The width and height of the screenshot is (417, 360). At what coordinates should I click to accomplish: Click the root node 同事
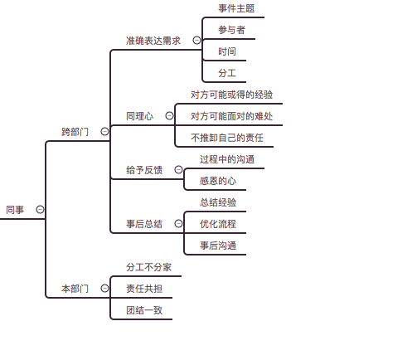(x=15, y=210)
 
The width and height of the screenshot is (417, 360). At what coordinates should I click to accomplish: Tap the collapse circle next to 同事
(x=40, y=210)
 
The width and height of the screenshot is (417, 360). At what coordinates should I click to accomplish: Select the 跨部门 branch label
(x=75, y=132)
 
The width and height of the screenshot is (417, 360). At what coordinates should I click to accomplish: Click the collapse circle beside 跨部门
(x=104, y=131)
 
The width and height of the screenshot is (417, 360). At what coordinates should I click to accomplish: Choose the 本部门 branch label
(x=75, y=289)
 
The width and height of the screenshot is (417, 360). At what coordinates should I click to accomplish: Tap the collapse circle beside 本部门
(x=104, y=289)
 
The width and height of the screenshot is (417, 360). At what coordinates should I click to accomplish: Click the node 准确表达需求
(x=153, y=41)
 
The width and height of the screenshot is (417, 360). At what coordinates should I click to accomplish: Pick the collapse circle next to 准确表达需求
(x=196, y=41)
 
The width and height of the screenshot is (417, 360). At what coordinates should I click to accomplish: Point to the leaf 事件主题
(x=236, y=8)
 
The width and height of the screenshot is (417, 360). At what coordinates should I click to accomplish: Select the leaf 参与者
(x=231, y=30)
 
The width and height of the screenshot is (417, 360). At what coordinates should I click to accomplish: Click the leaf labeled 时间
(x=227, y=51)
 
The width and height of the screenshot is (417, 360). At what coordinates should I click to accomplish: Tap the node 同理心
(x=139, y=116)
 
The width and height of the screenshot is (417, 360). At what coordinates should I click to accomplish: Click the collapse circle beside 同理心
(x=169, y=115)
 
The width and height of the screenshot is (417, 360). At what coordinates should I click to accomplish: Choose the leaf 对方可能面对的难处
(x=232, y=116)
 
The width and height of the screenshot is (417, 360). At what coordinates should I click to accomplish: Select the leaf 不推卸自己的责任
(x=227, y=138)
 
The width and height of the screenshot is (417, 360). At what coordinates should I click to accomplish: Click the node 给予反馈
(x=144, y=170)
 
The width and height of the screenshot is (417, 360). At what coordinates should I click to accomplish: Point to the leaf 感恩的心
(x=218, y=181)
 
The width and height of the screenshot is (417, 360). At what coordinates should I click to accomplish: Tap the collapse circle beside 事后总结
(x=178, y=223)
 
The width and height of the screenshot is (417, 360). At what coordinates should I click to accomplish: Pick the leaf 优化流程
(x=218, y=224)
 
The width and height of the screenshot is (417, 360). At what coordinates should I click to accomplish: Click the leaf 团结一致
(x=144, y=310)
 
